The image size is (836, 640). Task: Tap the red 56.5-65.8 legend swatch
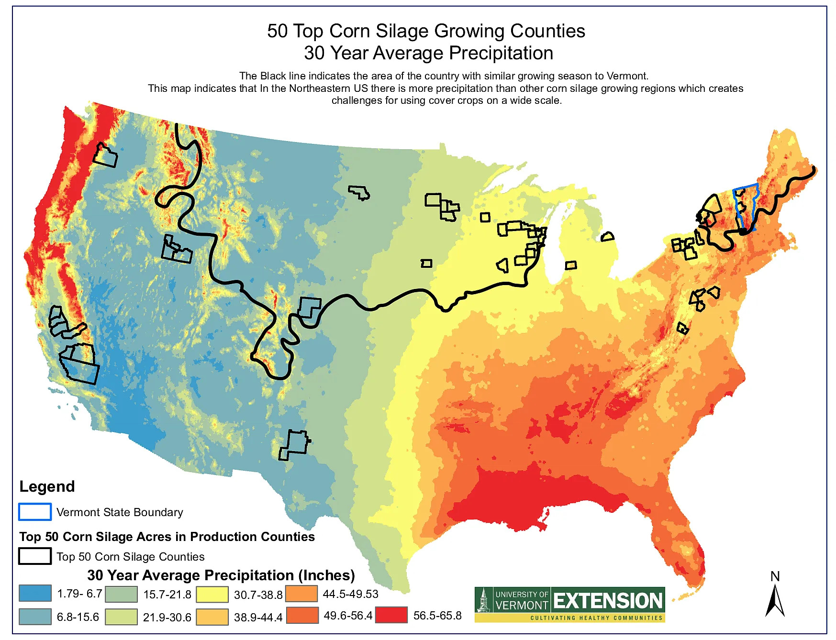391,615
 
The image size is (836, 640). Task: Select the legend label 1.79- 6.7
79,594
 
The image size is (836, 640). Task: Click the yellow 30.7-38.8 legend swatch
212,595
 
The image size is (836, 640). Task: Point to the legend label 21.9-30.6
167,617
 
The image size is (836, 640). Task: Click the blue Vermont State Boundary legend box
35,512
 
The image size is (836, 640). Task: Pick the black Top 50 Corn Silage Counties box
35,556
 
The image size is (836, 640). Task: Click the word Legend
47,486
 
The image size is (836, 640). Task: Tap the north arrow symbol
775,601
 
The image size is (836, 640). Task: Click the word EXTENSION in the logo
608,601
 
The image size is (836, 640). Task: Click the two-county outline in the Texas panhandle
295,444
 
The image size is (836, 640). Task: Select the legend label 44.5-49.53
350,594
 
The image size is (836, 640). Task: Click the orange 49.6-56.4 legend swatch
302,615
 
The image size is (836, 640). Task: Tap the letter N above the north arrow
775,576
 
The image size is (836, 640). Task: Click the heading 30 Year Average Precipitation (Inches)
221,575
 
